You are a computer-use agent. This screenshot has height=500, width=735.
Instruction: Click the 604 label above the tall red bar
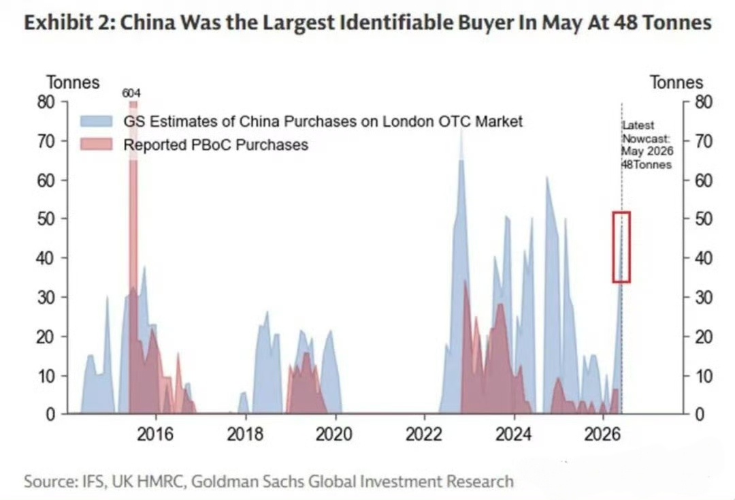(x=131, y=93)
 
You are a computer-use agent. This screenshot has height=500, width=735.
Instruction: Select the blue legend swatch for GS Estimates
(x=97, y=121)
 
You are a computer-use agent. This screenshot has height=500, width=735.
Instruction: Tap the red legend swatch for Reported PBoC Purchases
(x=97, y=144)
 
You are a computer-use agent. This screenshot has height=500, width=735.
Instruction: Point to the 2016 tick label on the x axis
(x=155, y=435)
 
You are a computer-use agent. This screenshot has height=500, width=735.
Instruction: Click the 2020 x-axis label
(x=334, y=435)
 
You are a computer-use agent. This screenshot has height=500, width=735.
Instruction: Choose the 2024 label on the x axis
(x=514, y=435)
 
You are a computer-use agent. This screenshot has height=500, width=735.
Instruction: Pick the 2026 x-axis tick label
(x=603, y=435)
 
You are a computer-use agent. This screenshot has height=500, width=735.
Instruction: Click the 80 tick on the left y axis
(x=46, y=101)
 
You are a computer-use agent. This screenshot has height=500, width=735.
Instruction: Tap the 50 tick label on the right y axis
(x=703, y=219)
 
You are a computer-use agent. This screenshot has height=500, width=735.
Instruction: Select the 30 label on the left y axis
(x=46, y=298)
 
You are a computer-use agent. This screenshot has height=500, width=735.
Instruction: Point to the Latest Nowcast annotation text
(x=647, y=145)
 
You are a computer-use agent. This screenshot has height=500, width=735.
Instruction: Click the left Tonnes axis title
(x=73, y=82)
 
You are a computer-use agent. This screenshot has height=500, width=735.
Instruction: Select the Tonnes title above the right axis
(x=676, y=82)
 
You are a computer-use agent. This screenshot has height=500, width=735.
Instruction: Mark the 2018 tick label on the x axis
(x=245, y=435)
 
